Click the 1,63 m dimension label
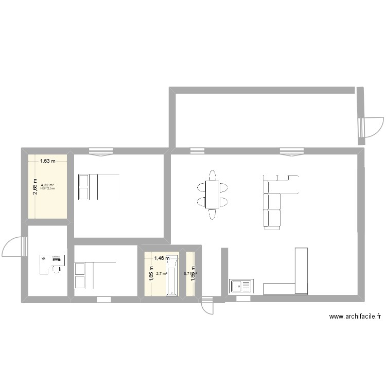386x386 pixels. (47, 161)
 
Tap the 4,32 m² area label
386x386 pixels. (47, 185)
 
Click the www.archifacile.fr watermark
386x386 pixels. (350, 317)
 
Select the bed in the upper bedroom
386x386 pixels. (98, 187)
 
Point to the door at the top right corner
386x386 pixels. (372, 127)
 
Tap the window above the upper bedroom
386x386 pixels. (100, 151)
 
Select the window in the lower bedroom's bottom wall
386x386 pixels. (103, 299)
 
